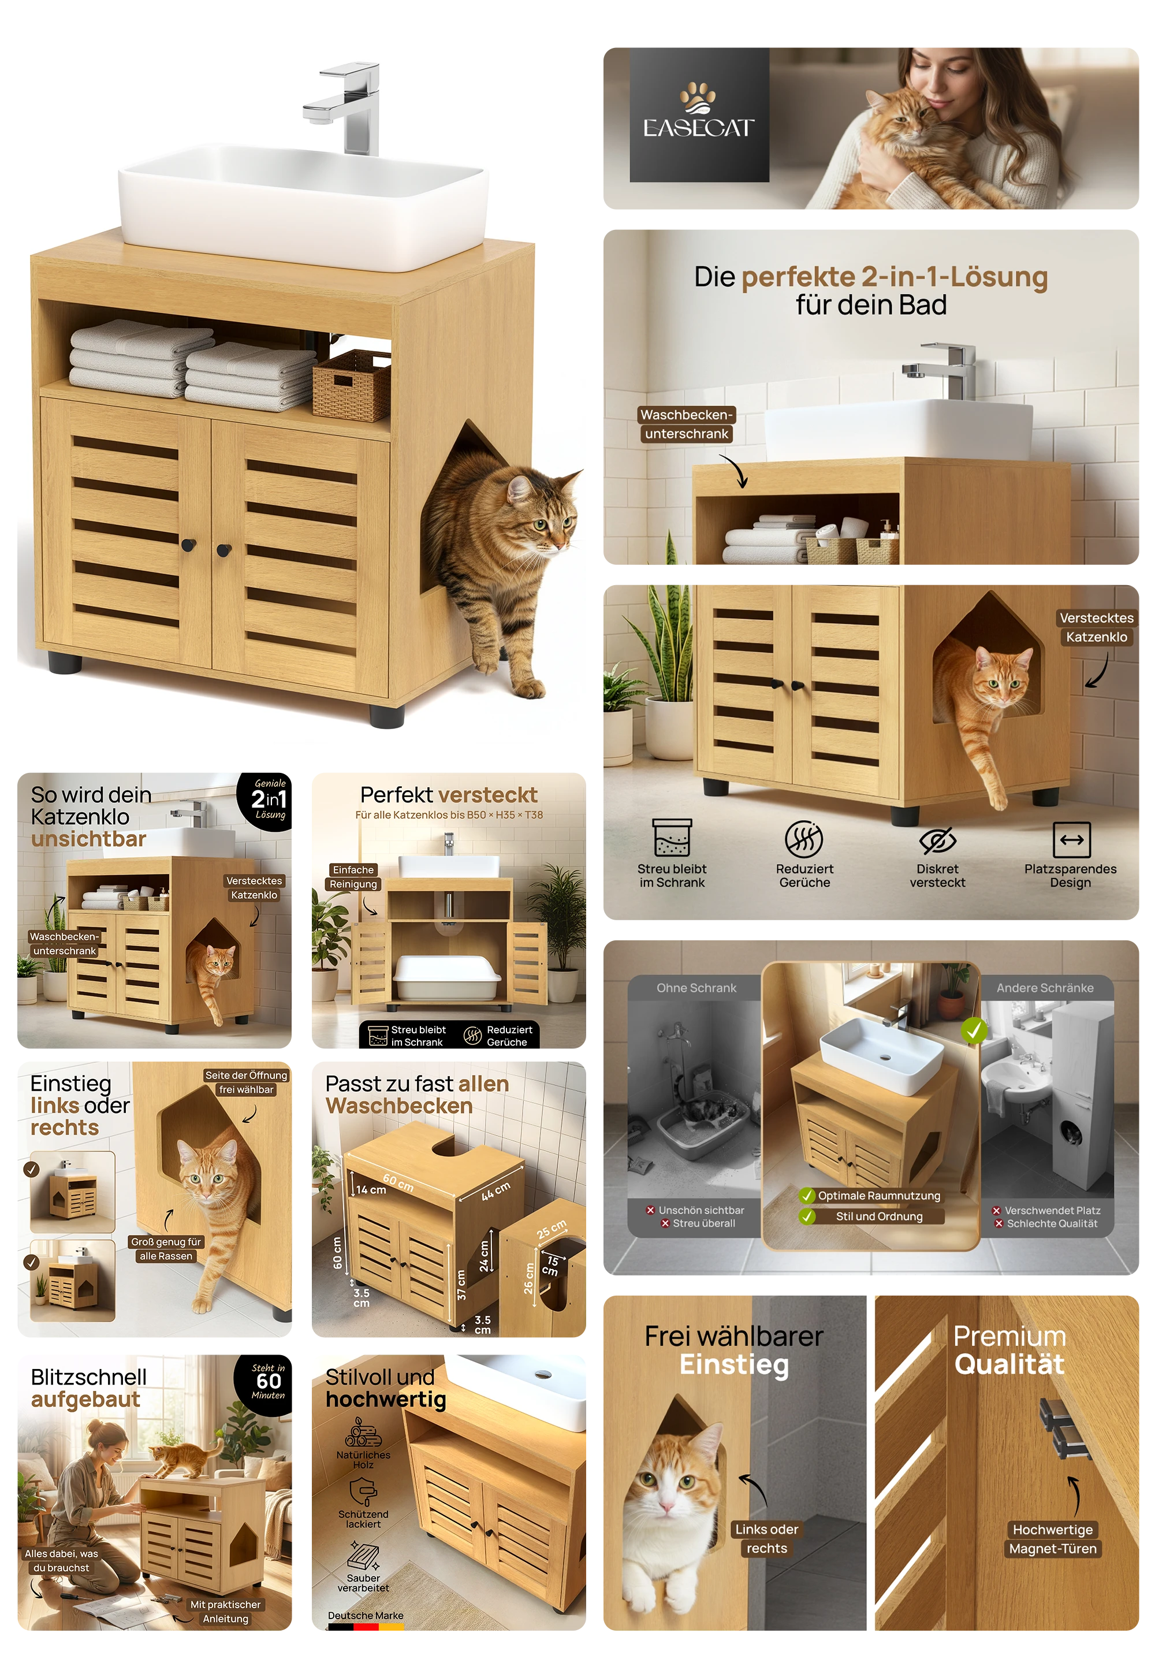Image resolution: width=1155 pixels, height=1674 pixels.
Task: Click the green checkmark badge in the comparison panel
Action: (x=973, y=1030)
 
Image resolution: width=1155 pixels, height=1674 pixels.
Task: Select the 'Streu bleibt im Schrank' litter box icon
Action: (x=672, y=838)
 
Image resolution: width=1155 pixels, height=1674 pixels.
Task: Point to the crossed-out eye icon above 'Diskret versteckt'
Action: (x=937, y=839)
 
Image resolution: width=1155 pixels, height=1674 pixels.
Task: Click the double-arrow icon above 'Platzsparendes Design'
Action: (x=1071, y=839)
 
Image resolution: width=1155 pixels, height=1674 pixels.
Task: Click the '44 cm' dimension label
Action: (x=495, y=1191)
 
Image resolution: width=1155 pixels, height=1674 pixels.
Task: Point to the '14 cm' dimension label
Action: (x=371, y=1190)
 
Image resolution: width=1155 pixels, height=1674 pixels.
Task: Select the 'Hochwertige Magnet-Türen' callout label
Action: (x=1053, y=1539)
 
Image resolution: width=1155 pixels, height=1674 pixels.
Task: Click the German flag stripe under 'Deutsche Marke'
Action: (x=365, y=1628)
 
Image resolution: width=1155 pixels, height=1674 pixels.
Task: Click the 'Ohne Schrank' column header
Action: (x=696, y=988)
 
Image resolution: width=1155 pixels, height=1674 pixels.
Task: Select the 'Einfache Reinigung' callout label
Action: (x=353, y=876)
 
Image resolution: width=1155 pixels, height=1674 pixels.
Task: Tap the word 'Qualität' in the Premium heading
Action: (x=1009, y=1364)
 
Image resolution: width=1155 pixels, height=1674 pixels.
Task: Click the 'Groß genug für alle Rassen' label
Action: (x=166, y=1248)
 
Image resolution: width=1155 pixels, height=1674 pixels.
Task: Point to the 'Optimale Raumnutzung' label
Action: (x=878, y=1196)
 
